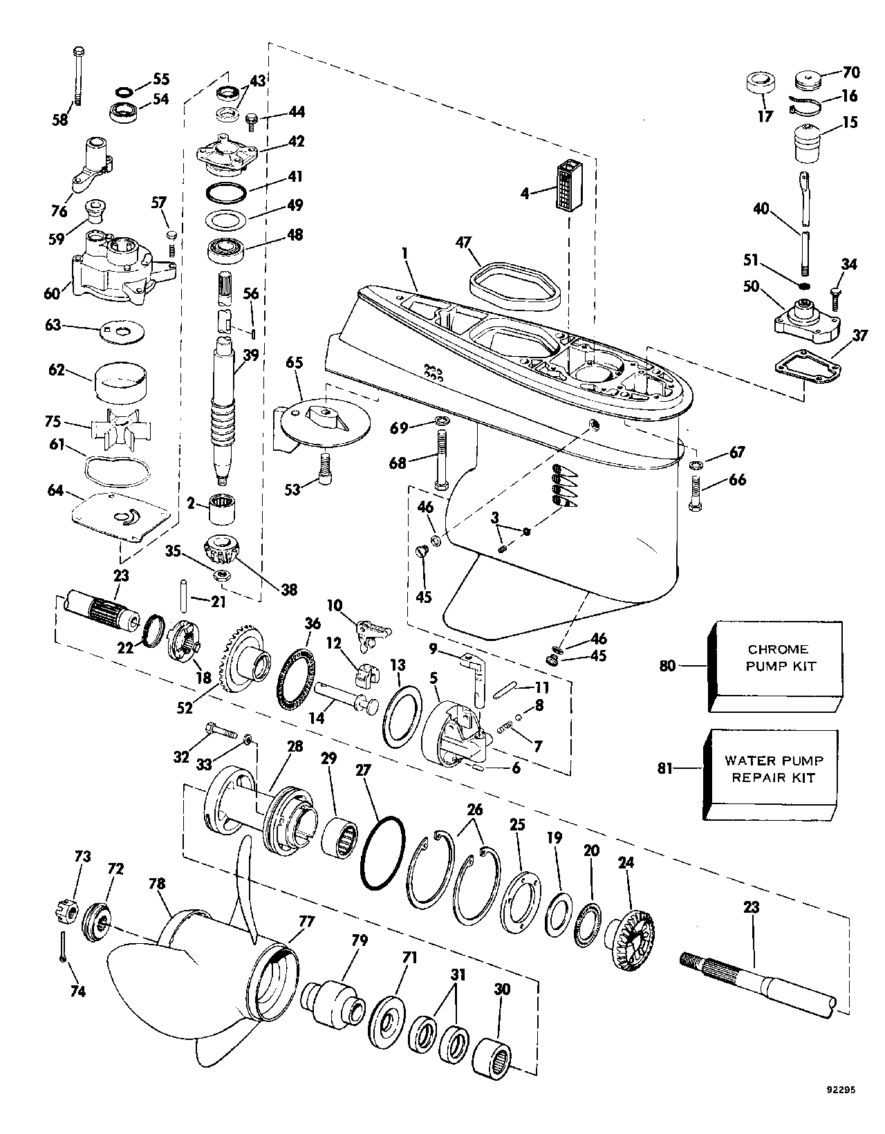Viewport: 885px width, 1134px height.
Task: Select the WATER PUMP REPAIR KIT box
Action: (x=774, y=768)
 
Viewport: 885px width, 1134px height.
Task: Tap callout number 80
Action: (x=667, y=666)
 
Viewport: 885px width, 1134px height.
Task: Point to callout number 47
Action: (x=464, y=242)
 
